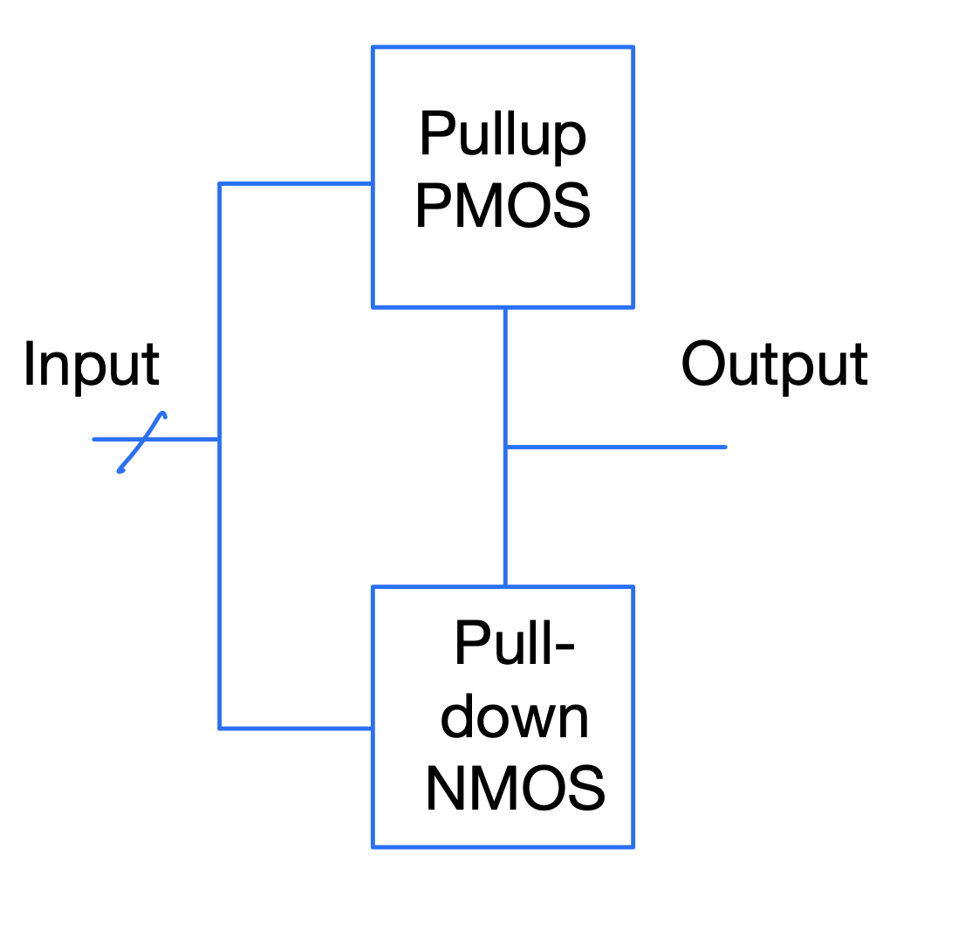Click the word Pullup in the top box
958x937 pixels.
click(503, 135)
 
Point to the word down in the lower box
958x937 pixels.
click(515, 717)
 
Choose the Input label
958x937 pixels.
click(91, 365)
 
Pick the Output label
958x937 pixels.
click(774, 365)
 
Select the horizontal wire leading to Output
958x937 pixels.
click(616, 447)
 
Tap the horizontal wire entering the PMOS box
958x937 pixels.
click(297, 184)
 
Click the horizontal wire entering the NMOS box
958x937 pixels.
click(297, 728)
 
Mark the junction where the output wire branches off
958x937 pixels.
click(505, 447)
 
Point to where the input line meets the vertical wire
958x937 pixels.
click(220, 439)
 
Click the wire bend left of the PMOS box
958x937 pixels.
click(220, 184)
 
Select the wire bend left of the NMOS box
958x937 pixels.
click(220, 728)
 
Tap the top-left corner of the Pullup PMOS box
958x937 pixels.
click(373, 48)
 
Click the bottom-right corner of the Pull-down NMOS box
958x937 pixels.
click(633, 845)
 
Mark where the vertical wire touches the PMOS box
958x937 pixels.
click(505, 307)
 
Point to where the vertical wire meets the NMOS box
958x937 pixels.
click(505, 587)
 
